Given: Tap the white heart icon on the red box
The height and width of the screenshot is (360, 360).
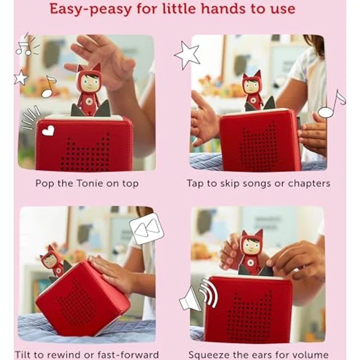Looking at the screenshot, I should (x=48, y=130).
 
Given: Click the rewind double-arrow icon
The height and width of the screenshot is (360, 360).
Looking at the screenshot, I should (x=146, y=228).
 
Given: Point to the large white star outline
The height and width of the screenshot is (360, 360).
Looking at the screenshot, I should (x=187, y=54).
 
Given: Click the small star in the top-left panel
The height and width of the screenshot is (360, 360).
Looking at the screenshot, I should (x=21, y=77).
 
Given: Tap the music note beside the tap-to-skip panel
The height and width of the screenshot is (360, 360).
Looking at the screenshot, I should (x=331, y=105).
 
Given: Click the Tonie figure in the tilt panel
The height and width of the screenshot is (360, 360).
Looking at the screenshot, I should (x=53, y=262).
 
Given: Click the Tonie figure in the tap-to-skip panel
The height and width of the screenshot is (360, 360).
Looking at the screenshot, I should (x=252, y=90).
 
